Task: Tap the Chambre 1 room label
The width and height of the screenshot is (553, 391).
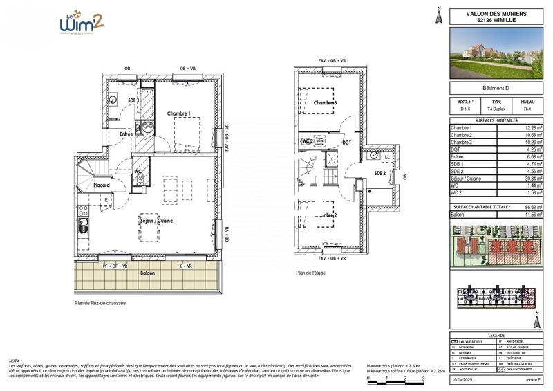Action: click(x=178, y=113)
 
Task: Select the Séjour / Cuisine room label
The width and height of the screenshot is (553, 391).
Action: click(x=156, y=221)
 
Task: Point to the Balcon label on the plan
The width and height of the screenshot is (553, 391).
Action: click(x=147, y=273)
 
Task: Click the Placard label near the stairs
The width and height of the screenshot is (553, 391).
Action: click(x=103, y=185)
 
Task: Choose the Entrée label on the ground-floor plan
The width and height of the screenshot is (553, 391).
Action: click(x=126, y=134)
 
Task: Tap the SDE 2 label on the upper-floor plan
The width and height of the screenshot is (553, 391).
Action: click(x=381, y=172)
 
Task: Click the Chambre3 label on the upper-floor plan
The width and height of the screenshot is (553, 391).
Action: click(x=325, y=103)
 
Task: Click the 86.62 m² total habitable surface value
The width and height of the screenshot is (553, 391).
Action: click(x=531, y=207)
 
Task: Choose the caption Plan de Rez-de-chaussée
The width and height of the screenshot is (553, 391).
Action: click(x=101, y=302)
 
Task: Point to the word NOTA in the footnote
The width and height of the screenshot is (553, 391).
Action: click(x=15, y=361)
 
